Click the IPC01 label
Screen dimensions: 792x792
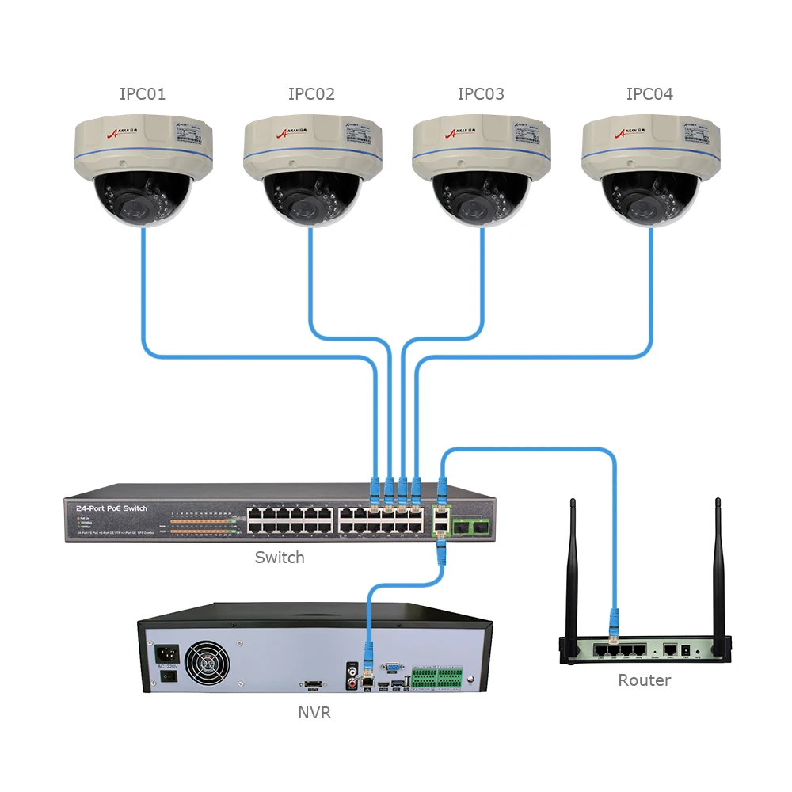pos(143,94)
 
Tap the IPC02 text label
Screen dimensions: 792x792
pos(311,94)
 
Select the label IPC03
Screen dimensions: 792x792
pos(481,94)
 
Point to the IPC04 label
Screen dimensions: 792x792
pos(649,94)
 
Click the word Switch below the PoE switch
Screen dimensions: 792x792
pos(280,558)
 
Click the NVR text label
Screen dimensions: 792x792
pos(314,713)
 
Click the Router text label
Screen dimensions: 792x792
pos(645,680)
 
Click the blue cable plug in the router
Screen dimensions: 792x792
pos(611,626)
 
